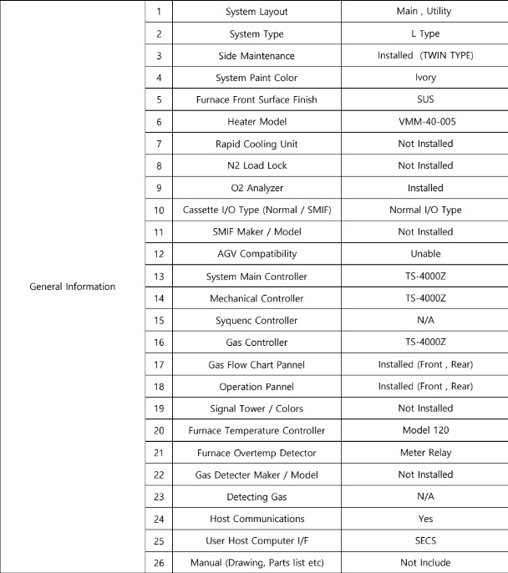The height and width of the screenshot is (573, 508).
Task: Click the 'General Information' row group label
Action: pos(73,286)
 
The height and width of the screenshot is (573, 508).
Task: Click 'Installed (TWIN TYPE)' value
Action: pos(425,56)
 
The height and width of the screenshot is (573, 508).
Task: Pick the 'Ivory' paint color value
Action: pos(425,79)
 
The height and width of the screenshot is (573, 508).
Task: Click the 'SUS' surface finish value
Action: pos(425,100)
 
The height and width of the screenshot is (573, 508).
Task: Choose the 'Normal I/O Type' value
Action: pos(425,210)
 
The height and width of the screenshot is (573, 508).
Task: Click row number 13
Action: pos(158,276)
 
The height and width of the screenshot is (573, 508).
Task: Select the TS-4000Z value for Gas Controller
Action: pos(425,342)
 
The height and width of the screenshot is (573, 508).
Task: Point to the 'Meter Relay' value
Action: pos(425,452)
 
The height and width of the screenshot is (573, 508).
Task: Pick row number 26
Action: pos(158,561)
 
